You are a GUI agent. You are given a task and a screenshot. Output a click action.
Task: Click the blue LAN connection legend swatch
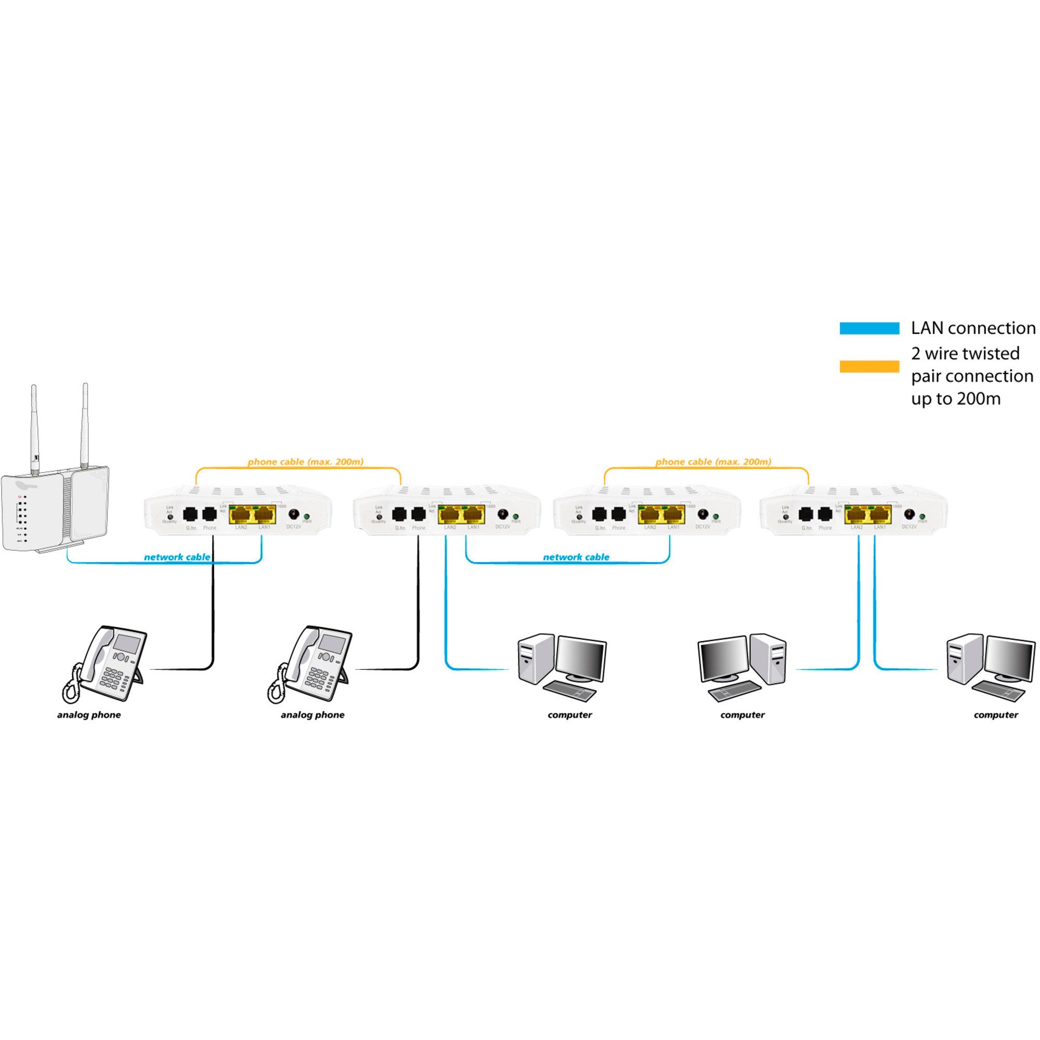[x=869, y=328]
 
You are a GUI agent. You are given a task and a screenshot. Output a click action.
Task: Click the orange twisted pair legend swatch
[x=869, y=367]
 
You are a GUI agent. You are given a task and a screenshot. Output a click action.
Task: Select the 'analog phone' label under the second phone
[x=312, y=715]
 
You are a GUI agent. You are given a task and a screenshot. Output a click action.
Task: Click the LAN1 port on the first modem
[x=264, y=515]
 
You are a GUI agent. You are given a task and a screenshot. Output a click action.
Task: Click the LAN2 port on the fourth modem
[x=856, y=515]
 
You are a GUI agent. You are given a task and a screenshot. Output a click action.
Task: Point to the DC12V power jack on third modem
[x=703, y=514]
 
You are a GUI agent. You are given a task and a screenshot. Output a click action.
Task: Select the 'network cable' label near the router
[x=177, y=557]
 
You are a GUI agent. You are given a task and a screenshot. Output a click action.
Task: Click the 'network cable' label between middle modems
[x=576, y=557]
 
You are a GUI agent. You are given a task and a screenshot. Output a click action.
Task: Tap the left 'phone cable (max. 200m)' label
[x=305, y=462]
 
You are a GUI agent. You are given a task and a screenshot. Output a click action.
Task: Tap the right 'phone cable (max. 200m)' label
[x=713, y=462]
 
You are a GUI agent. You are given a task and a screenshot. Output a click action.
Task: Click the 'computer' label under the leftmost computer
[x=569, y=715]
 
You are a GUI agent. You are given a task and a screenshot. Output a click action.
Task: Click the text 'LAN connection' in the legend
[x=973, y=328]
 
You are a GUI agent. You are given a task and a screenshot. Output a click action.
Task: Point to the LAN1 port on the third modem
[x=673, y=515]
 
